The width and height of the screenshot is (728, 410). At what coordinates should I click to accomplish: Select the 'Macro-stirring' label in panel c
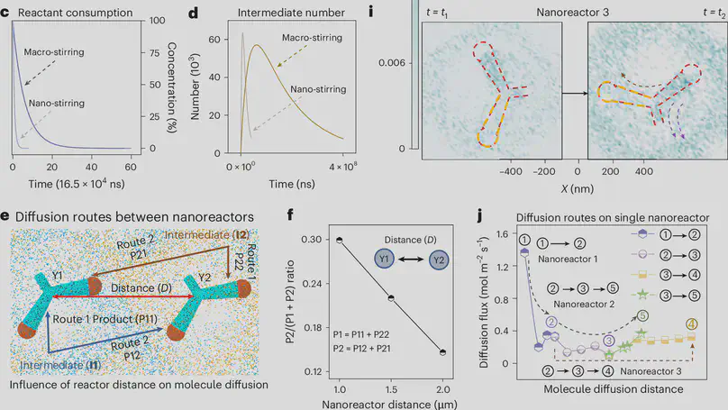[x=56, y=52]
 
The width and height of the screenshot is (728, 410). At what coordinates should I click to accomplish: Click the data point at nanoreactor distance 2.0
[x=441, y=352]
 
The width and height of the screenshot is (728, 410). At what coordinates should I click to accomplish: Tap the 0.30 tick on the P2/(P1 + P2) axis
[x=319, y=240]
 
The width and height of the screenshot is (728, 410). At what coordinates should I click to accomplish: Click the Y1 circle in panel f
[x=387, y=260]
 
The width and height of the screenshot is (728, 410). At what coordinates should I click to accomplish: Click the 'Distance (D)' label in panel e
[x=135, y=287]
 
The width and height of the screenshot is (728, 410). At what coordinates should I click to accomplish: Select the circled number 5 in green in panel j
[x=643, y=316]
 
